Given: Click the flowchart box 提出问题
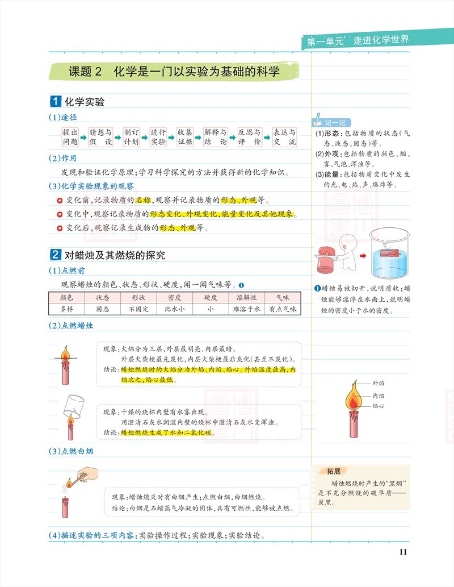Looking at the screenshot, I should [x=70, y=137].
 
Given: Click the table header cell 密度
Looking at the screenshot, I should [x=175, y=297].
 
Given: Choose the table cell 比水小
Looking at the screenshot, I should [x=175, y=309].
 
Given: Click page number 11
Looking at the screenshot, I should [x=403, y=552].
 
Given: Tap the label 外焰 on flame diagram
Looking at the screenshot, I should [x=378, y=384].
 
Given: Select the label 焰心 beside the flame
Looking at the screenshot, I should [x=378, y=406].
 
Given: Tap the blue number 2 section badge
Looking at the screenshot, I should [x=56, y=255].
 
